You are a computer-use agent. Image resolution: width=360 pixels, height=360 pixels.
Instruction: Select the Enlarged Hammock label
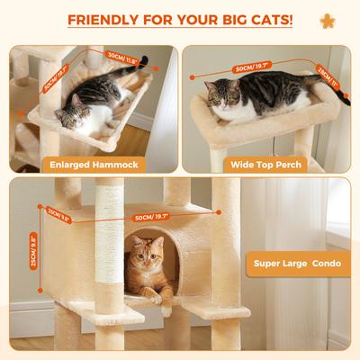pyautogui.click(x=92, y=165)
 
